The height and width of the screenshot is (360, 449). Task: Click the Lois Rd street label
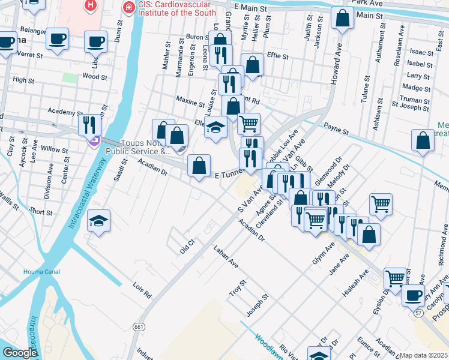143,292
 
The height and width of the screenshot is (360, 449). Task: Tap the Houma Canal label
41,272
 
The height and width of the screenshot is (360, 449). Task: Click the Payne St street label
336,128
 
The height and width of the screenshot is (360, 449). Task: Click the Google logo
19,353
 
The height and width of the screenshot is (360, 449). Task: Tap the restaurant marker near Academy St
89,125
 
